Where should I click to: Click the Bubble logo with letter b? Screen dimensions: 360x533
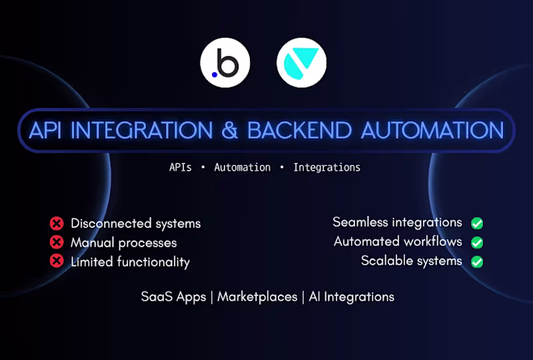point(225,64)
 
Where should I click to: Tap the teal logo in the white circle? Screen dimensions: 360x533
point(302,64)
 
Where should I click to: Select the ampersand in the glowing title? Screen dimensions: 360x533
point(230,130)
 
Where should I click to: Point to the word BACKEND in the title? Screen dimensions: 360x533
point(300,130)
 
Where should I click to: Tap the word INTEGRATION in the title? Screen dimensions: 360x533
point(145,130)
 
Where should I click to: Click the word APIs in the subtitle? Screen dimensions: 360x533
point(181,167)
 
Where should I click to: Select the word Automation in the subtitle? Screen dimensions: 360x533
point(243,167)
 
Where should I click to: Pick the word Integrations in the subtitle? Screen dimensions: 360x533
point(326,167)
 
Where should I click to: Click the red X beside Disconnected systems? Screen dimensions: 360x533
point(57,223)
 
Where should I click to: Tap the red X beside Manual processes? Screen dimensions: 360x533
point(57,242)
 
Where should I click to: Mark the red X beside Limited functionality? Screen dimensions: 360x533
point(57,261)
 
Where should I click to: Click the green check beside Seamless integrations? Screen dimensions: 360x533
point(477,223)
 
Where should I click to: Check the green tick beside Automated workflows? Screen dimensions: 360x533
point(477,242)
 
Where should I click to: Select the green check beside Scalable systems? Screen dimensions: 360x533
point(477,261)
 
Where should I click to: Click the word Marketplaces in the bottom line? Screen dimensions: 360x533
point(257,297)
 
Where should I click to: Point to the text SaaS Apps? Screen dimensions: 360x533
point(173,297)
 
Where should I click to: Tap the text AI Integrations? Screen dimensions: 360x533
point(352,297)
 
